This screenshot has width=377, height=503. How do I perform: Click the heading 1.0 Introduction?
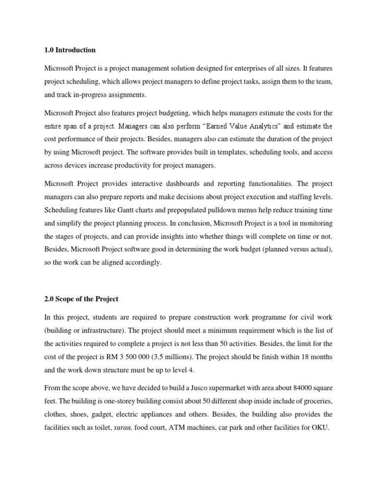pos(70,50)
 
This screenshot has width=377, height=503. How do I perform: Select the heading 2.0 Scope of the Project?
pos(81,299)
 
